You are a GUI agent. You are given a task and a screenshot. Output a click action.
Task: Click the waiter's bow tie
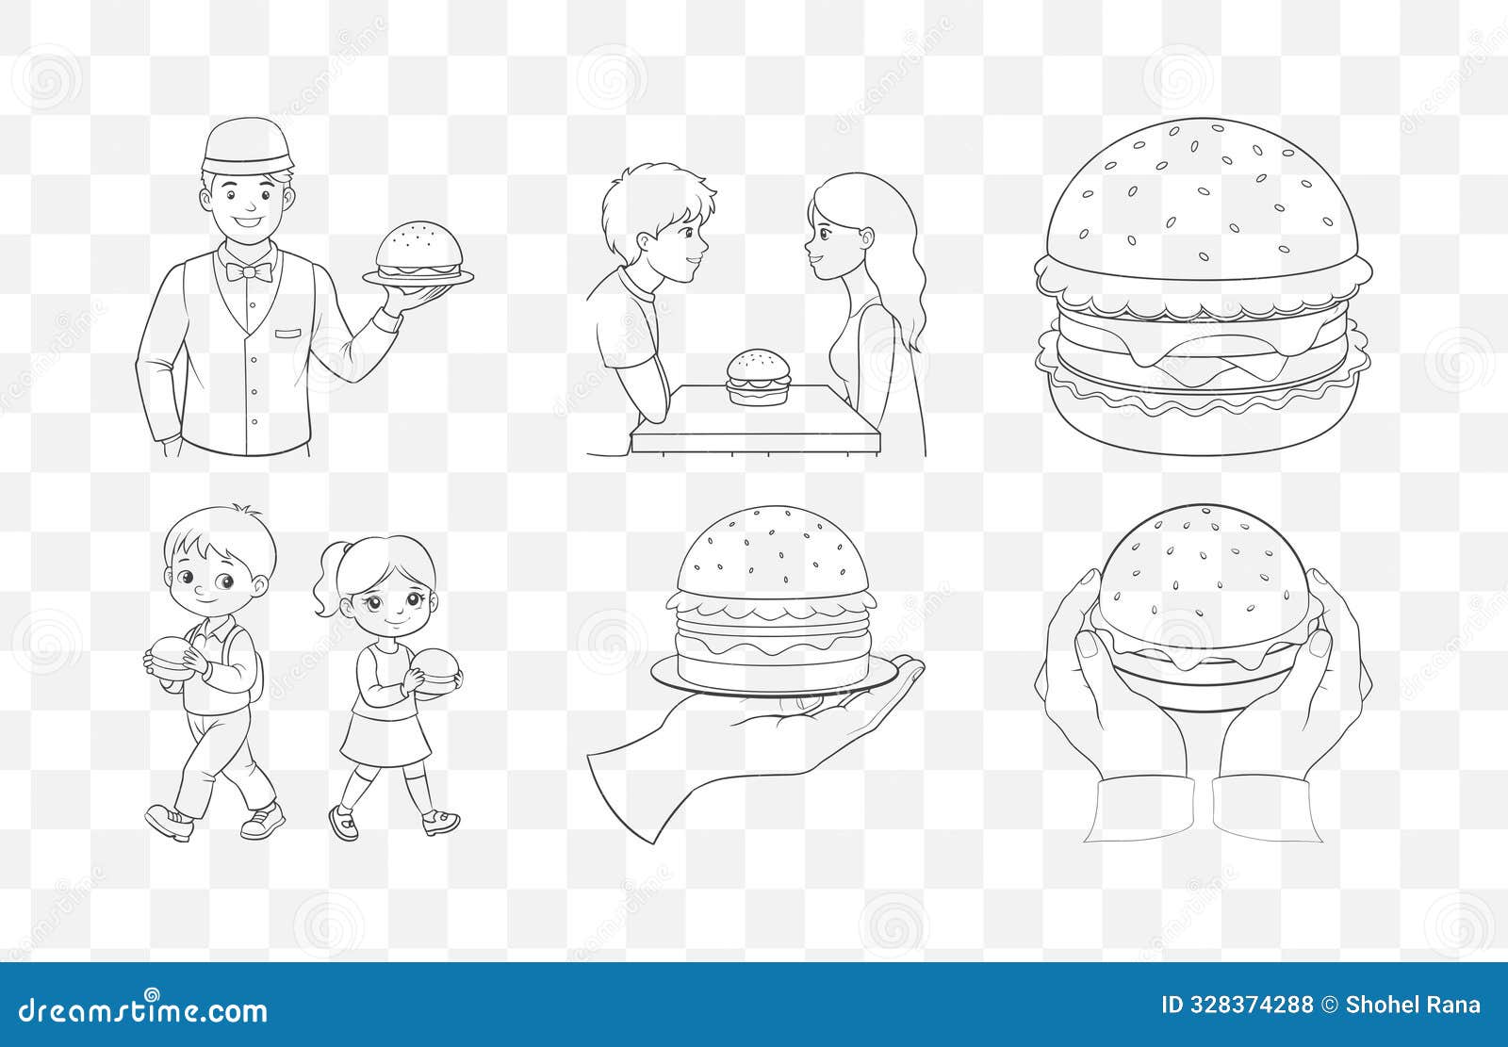click(249, 272)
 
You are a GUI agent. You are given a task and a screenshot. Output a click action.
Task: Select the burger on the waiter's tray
click(419, 251)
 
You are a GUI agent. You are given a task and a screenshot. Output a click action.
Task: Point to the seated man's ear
click(645, 244)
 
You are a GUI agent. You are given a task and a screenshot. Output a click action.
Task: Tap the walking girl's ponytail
click(329, 594)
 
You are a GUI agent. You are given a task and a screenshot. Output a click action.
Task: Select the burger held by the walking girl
click(436, 672)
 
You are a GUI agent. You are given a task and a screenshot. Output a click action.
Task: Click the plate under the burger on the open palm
click(773, 680)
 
